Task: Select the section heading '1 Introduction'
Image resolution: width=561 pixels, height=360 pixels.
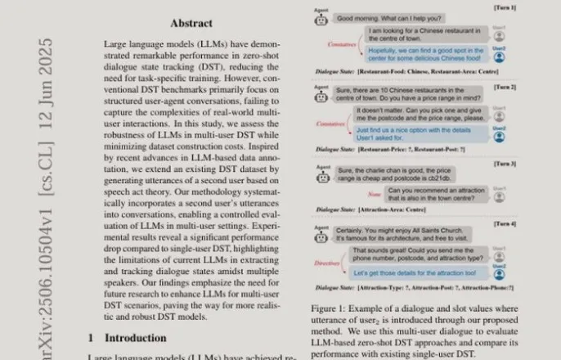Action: pos(127,337)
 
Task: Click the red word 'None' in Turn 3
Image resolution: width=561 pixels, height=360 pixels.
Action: pos(373,194)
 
